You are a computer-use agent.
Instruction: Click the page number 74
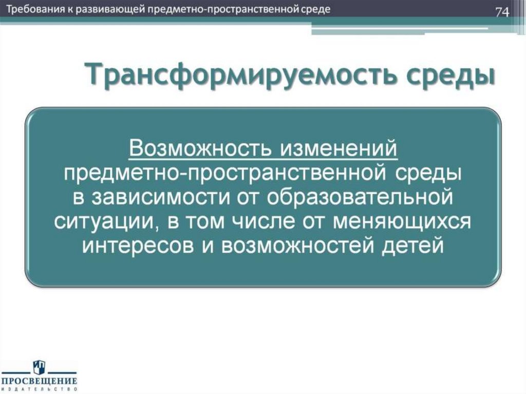502,12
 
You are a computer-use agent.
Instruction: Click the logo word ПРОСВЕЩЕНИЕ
39,381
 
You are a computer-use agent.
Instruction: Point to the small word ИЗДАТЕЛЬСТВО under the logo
39,389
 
